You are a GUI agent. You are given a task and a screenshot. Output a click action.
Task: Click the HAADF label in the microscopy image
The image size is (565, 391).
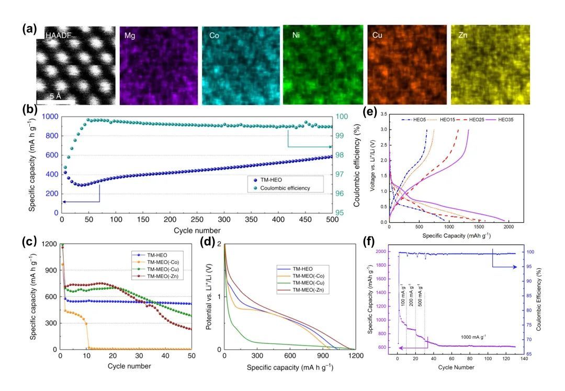click(58, 36)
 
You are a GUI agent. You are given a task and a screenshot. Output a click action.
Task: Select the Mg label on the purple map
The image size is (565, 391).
click(130, 36)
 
